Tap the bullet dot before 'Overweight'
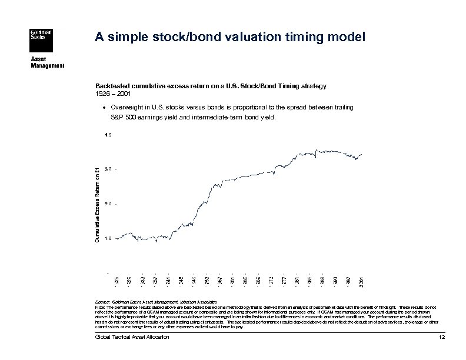pos(105,108)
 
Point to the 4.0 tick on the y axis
pos(108,135)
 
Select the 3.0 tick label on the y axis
pos(108,169)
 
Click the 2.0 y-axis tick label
pos(108,204)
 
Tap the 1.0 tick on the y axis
pos(108,238)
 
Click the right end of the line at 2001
pos(361,154)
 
